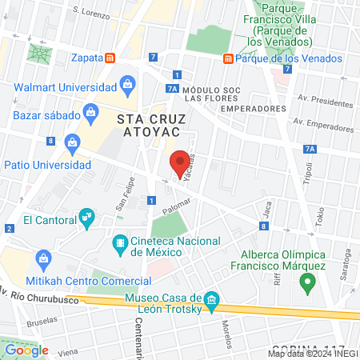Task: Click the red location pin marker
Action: [181, 163]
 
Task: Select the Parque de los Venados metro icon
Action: [229, 58]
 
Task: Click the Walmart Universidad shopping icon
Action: [126, 82]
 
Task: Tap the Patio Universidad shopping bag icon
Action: [72, 142]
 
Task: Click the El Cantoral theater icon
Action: [86, 216]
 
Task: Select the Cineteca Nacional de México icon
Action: [120, 242]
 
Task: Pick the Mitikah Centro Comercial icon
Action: [43, 258]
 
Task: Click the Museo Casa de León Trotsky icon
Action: [211, 300]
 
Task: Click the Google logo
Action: [27, 350]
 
